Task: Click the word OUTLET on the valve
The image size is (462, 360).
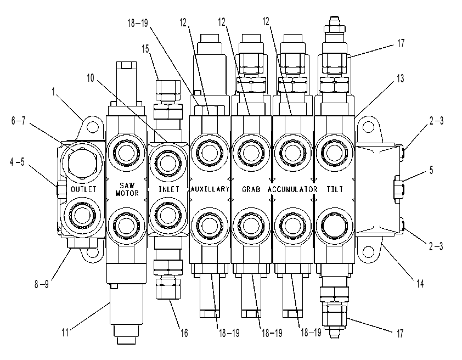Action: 84,189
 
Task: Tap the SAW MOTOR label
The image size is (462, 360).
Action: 127,189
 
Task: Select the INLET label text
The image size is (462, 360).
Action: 169,189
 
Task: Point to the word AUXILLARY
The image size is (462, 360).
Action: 210,189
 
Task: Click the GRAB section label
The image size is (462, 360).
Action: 251,189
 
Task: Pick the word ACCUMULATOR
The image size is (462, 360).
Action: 292,189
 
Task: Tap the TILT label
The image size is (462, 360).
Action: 335,189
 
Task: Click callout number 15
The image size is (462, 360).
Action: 145,49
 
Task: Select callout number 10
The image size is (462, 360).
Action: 90,78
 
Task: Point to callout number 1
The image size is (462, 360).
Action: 53,92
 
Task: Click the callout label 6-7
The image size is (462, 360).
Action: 18,121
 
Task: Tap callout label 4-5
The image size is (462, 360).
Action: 17,162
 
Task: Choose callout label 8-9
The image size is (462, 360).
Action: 42,284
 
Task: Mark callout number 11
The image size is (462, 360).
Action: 65,333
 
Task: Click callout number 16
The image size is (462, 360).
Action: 184,333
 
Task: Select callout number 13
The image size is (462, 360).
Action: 400,78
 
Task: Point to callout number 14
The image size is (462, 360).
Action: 420,284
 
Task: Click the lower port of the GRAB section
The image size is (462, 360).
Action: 251,226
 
